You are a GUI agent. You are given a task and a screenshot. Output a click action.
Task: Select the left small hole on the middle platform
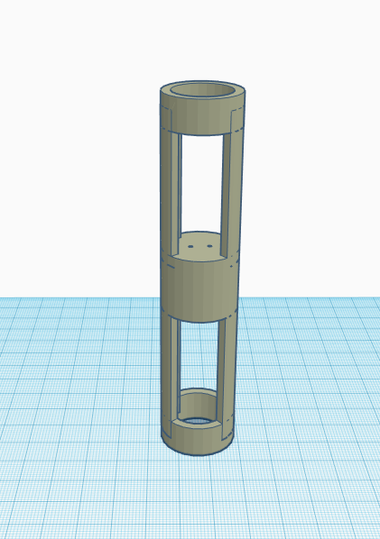[193, 244]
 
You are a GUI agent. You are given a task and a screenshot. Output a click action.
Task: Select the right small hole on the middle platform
[209, 244]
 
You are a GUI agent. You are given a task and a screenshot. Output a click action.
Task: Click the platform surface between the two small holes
[201, 244]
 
